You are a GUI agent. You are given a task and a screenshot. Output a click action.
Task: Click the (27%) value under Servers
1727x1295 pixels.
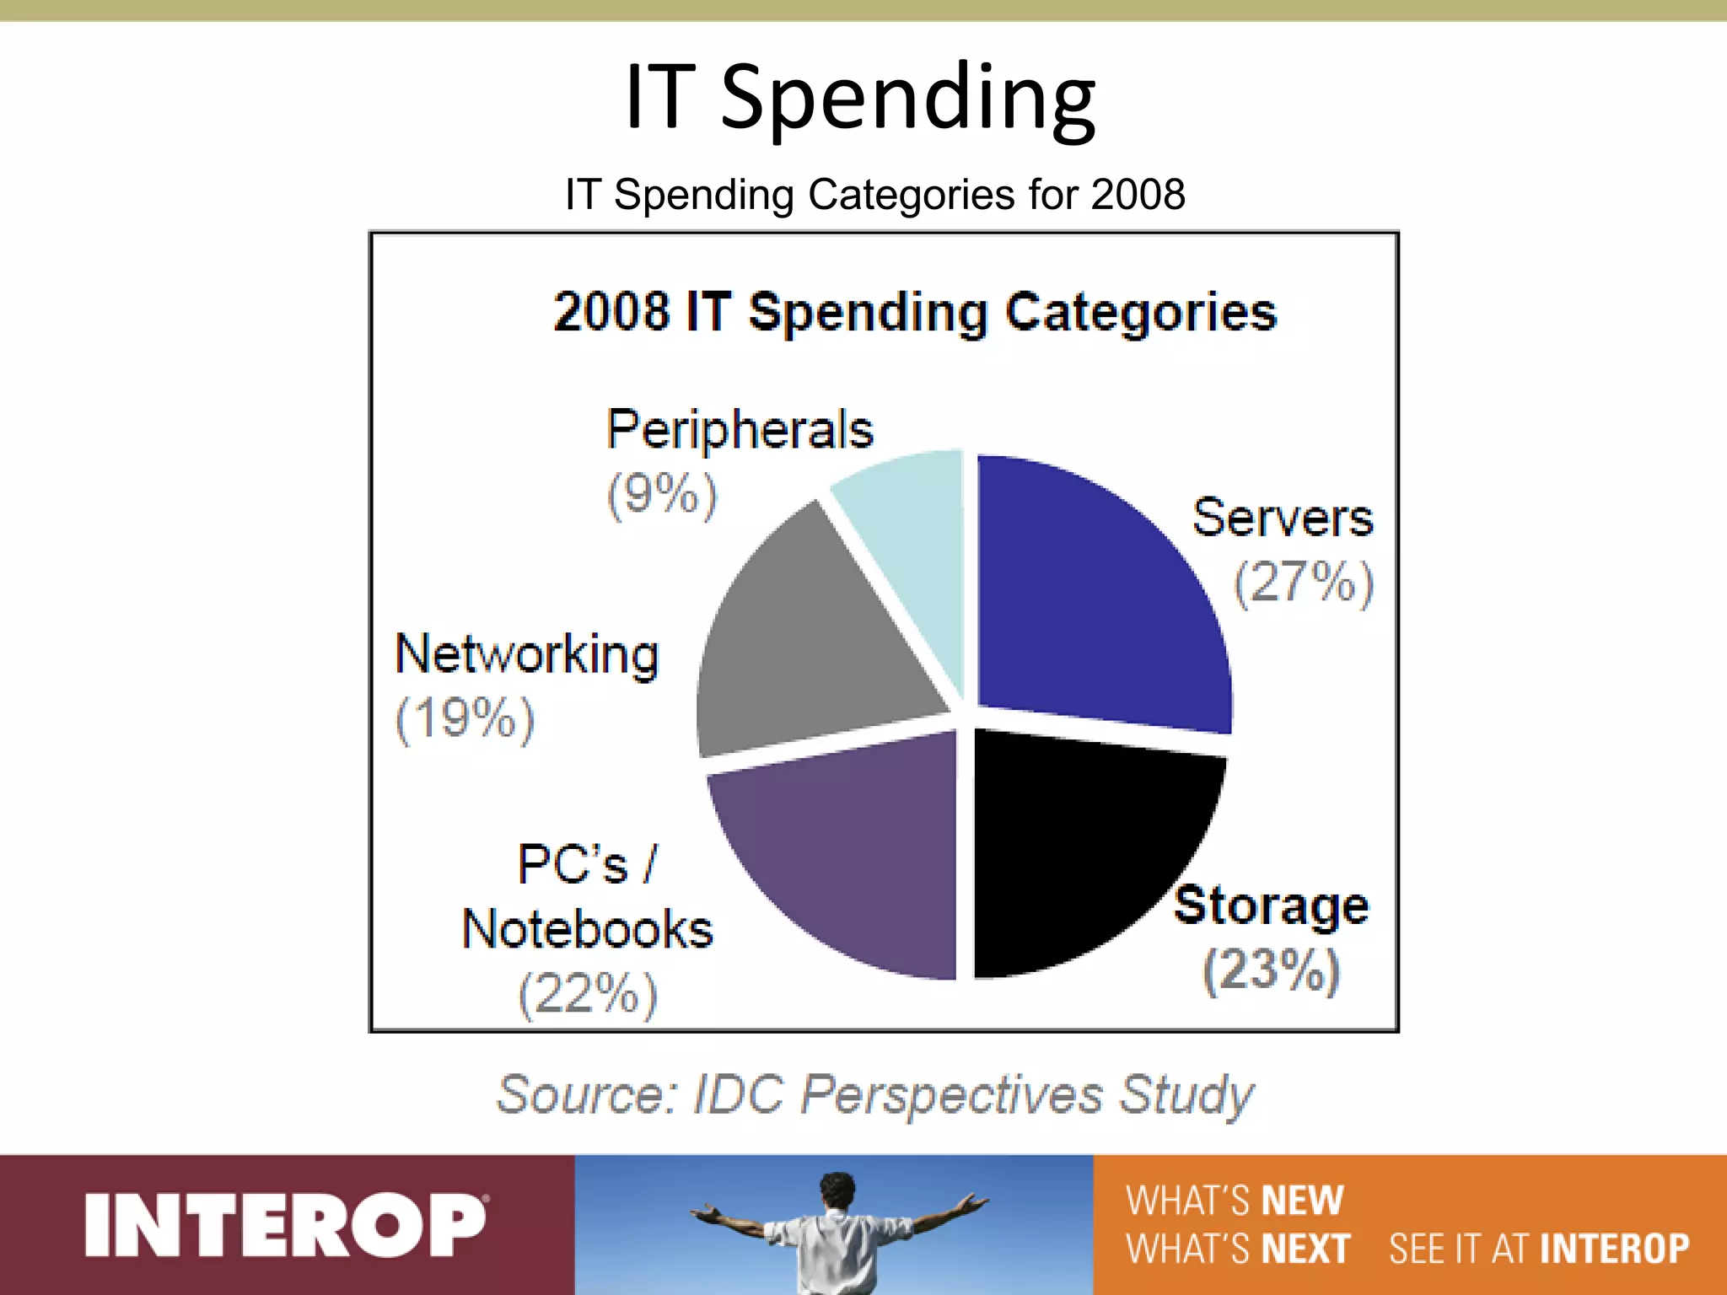(x=1304, y=582)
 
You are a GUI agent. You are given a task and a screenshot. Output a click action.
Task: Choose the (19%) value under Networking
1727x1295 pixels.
(x=465, y=718)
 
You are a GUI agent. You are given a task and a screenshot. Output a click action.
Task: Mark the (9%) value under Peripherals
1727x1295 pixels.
(x=662, y=494)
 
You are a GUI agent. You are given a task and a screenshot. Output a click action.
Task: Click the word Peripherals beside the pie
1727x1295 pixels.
(x=740, y=430)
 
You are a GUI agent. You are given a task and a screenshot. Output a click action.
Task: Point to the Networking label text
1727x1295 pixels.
(x=527, y=654)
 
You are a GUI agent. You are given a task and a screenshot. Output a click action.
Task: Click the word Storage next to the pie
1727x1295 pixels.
(x=1272, y=905)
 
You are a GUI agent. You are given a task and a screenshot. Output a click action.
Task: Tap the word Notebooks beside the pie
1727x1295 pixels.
(x=588, y=929)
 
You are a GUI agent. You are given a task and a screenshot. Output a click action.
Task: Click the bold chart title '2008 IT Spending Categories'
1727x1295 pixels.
(x=915, y=312)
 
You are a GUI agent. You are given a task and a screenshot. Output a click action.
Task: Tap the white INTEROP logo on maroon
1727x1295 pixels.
(x=285, y=1225)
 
